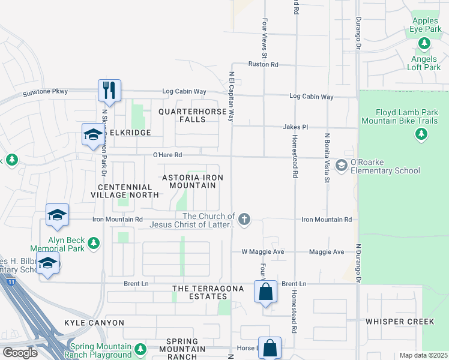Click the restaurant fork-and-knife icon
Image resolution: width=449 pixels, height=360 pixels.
(110, 91)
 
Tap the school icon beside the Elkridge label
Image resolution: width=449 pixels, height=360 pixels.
(93, 134)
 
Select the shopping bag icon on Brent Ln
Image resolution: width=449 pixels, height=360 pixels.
(266, 292)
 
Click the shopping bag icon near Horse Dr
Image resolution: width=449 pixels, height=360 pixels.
(270, 348)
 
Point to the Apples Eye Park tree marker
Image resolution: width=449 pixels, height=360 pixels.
(424, 44)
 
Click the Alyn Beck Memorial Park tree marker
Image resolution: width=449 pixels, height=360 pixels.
(93, 243)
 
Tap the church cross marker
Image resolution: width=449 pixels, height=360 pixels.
(244, 220)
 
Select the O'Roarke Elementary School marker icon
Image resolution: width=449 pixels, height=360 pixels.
(342, 165)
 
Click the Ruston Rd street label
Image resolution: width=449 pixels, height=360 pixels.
(264, 64)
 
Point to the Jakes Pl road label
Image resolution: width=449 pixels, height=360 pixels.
(296, 127)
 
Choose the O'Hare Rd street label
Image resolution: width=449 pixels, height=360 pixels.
(167, 155)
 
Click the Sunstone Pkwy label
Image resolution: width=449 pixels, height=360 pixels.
(46, 92)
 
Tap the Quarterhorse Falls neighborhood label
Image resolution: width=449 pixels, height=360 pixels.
(190, 115)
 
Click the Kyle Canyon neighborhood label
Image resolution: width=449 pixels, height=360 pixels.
(94, 323)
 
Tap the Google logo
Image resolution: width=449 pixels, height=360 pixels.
(20, 352)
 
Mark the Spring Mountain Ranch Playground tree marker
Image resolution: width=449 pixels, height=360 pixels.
(140, 348)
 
